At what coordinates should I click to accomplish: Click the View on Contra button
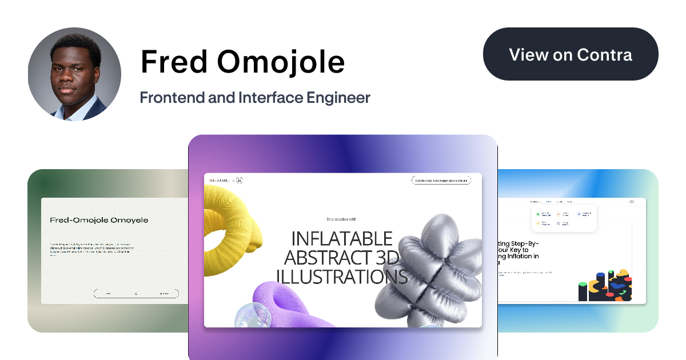tap(571, 55)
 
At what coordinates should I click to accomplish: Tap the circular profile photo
tap(74, 74)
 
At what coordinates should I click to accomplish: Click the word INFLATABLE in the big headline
tap(342, 239)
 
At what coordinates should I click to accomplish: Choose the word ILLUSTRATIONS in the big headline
tap(342, 277)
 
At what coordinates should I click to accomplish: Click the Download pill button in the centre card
tap(441, 181)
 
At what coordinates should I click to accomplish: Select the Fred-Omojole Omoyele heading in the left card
tap(99, 220)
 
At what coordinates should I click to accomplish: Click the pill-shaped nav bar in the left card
tap(136, 294)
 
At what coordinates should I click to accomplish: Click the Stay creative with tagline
tap(342, 219)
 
